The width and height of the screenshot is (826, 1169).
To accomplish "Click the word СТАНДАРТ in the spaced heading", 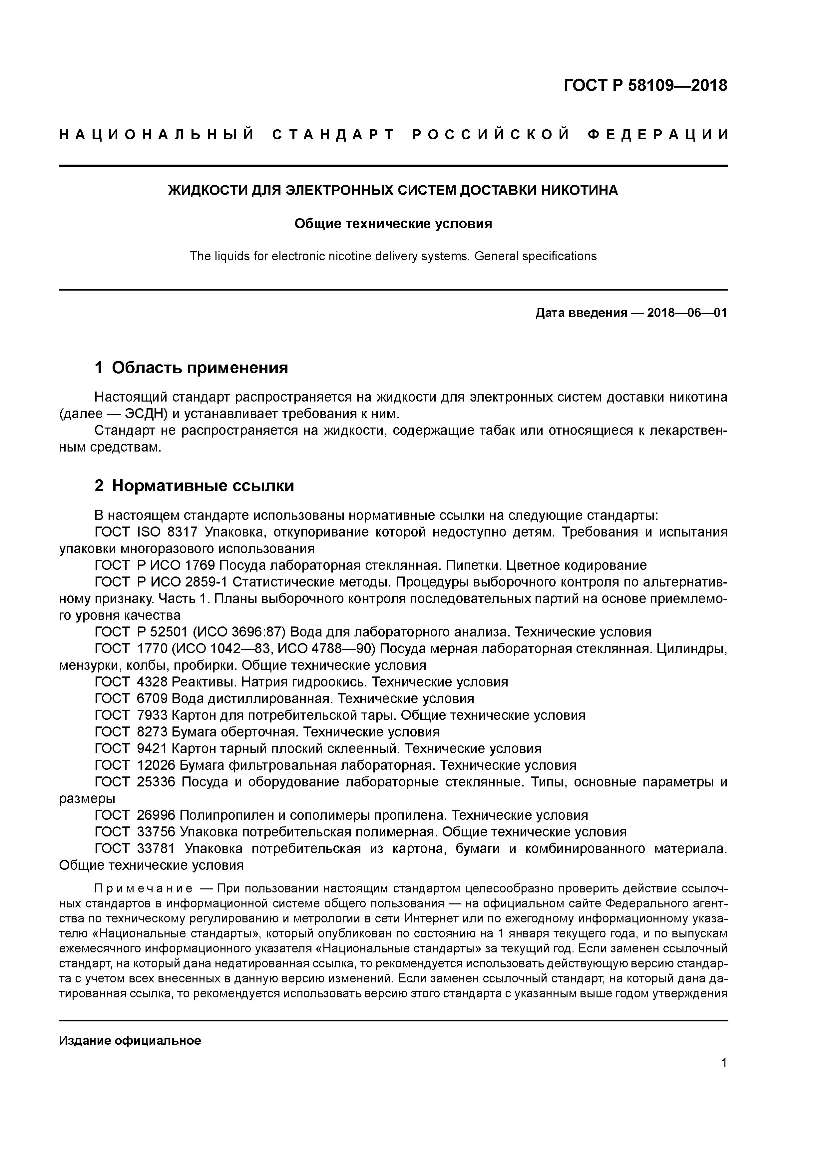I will (x=333, y=135).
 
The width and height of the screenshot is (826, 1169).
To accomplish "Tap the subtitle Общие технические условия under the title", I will (x=393, y=224).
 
